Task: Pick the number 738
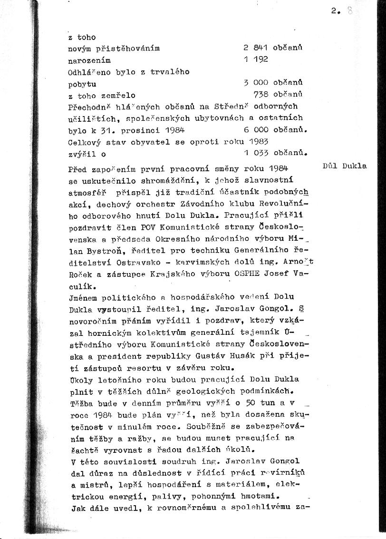tap(261, 94)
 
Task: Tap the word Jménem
tap(83, 297)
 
